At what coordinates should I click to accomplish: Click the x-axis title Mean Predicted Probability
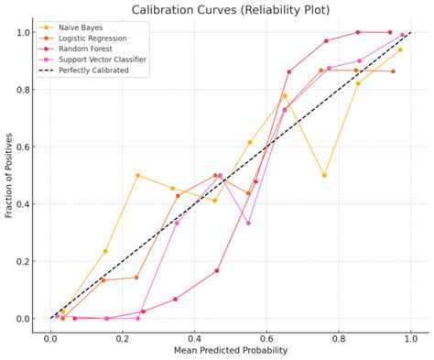[231, 350]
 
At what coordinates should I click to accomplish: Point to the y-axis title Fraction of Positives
[10, 176]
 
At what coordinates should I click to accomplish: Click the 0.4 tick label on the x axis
[194, 336]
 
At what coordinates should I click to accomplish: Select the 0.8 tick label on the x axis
[339, 336]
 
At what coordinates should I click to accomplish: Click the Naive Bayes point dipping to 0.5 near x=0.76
[324, 175]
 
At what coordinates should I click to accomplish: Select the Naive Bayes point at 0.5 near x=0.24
[137, 175]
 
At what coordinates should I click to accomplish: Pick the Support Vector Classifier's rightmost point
[402, 35]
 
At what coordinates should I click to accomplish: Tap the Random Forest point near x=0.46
[217, 270]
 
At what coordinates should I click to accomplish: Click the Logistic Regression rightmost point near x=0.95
[394, 71]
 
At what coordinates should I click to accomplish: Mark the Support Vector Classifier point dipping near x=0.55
[248, 223]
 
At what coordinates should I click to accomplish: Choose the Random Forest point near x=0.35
[175, 299]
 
